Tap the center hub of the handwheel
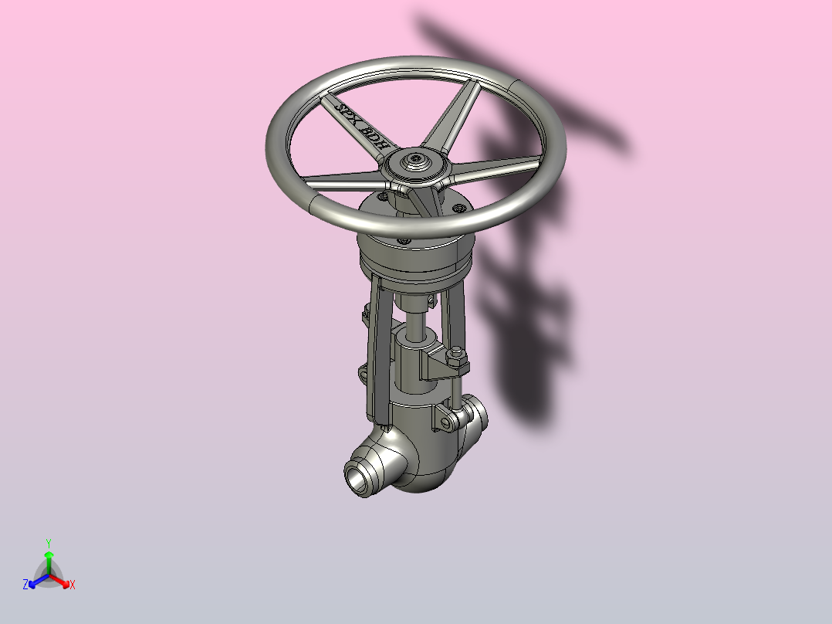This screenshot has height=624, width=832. pos(415,161)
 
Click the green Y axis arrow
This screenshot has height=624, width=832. pos(49,562)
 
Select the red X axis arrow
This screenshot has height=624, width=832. pos(59,581)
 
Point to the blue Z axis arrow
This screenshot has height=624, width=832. pos(39,581)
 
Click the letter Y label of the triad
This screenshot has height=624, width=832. pos(49,543)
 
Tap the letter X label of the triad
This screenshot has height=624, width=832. pos(73,585)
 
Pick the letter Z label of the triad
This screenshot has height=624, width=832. pos(25,585)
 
